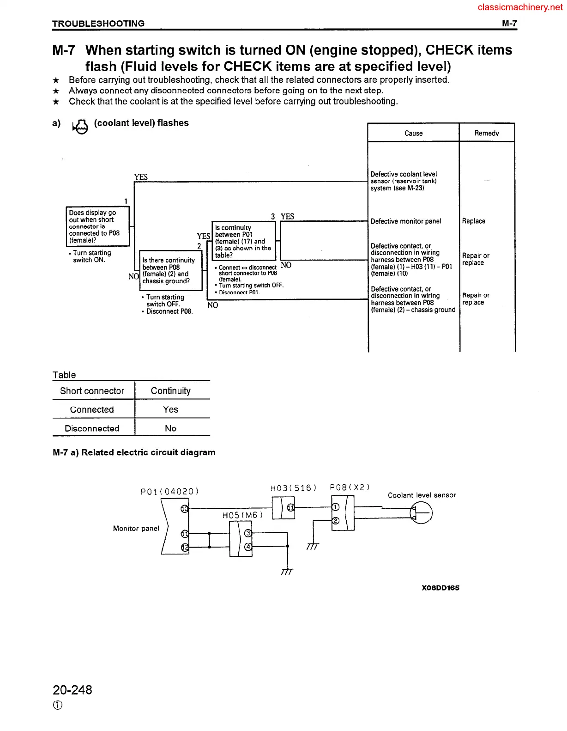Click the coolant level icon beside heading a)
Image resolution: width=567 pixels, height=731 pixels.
click(80, 126)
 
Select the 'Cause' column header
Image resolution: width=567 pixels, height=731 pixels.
click(413, 133)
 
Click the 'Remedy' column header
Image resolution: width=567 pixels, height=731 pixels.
click(487, 133)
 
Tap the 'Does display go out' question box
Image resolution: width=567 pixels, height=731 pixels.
click(97, 226)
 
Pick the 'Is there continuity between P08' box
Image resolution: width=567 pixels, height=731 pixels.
click(170, 270)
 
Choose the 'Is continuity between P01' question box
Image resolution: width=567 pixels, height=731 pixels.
click(243, 241)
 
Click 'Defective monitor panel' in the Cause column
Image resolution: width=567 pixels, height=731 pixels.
click(405, 221)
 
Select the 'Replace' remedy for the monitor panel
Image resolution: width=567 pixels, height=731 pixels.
click(473, 221)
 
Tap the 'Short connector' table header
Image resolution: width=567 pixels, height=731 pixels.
click(92, 391)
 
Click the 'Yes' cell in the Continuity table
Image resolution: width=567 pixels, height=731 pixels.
click(170, 410)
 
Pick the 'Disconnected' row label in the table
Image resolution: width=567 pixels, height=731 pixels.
click(92, 428)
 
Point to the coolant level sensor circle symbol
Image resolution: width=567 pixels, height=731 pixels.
click(422, 513)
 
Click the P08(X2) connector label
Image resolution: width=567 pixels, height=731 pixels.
click(350, 487)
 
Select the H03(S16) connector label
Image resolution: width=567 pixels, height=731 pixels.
click(293, 488)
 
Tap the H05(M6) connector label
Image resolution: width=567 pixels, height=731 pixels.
click(242, 515)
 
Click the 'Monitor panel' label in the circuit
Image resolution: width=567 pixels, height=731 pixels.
click(136, 529)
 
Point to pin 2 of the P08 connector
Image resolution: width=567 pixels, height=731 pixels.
click(336, 521)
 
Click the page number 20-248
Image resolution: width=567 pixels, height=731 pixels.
click(72, 690)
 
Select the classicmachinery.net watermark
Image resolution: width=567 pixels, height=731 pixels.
click(520, 7)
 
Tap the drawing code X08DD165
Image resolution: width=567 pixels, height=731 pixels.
click(440, 588)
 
